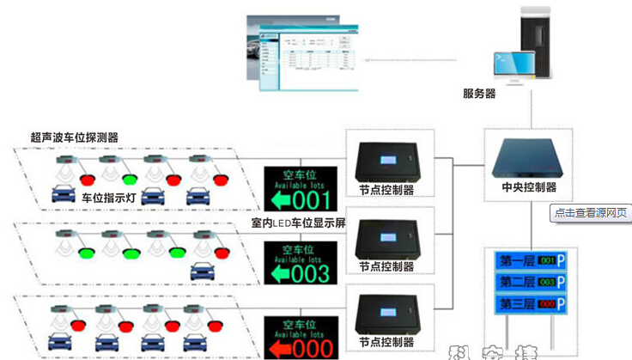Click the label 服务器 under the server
click(479, 94)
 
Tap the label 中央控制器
click(529, 186)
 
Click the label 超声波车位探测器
click(74, 137)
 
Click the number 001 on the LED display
click(312, 201)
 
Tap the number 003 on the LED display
click(312, 274)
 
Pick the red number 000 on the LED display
click(312, 348)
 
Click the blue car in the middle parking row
click(203, 271)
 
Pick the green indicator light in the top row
click(129, 180)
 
